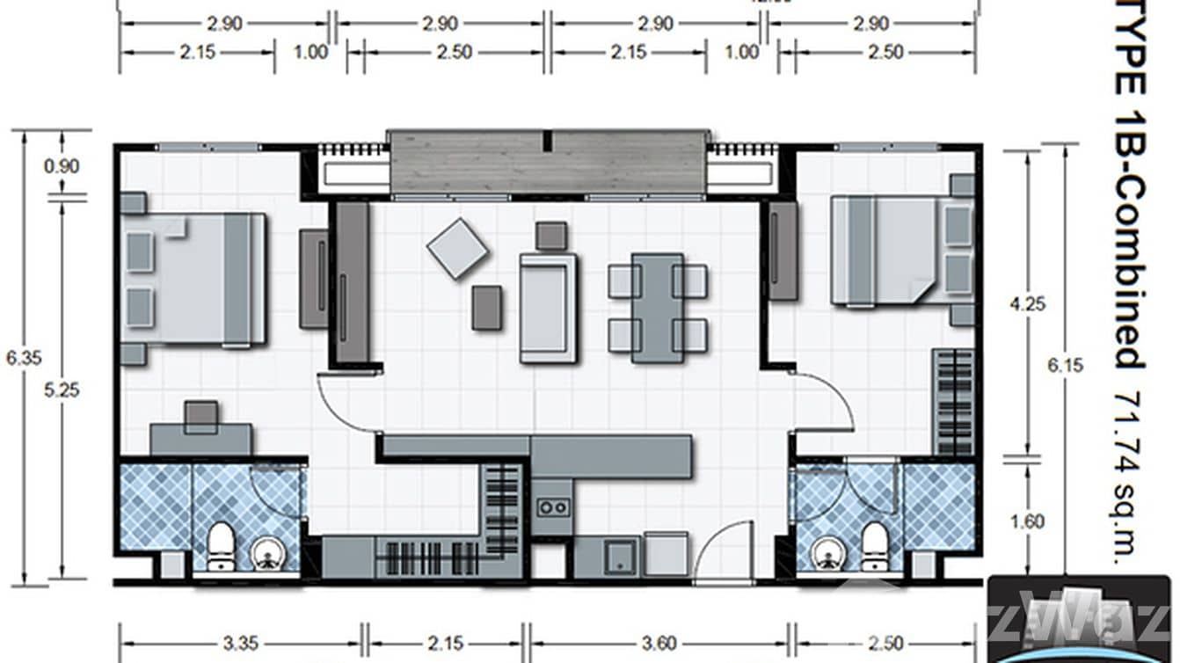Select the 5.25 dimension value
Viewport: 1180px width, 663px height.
point(64,390)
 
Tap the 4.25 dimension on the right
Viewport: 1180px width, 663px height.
point(1027,303)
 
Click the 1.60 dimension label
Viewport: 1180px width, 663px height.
point(1027,521)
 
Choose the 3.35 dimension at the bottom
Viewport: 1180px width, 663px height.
point(240,643)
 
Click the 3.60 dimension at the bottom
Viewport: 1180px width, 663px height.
point(659,643)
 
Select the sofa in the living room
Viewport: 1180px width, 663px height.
point(548,307)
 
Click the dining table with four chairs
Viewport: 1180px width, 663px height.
point(658,308)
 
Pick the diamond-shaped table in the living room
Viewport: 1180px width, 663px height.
point(457,249)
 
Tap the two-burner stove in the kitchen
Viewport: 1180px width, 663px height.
point(553,506)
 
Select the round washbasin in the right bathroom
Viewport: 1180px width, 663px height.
point(829,553)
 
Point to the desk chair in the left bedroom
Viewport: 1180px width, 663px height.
point(201,416)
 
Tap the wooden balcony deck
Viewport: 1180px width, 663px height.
point(548,162)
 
